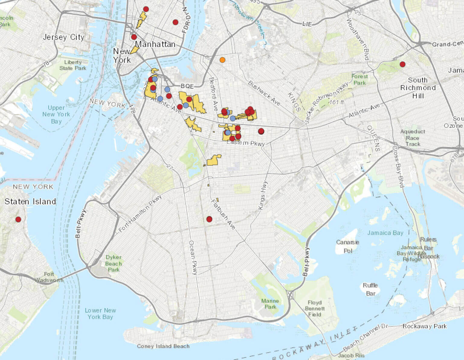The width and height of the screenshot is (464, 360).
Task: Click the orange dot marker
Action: (x=222, y=60)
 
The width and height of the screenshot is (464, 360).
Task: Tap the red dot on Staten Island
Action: (x=18, y=219)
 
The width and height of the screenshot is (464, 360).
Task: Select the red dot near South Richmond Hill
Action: (x=402, y=64)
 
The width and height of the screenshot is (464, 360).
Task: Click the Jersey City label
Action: (x=63, y=37)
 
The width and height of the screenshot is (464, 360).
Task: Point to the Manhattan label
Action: (x=155, y=44)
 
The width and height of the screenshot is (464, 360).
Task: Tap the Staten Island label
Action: (x=30, y=202)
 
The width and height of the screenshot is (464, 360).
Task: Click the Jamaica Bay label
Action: (x=385, y=233)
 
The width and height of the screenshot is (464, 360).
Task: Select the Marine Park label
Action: (x=270, y=304)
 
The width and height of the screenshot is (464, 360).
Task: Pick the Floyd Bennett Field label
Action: (x=315, y=308)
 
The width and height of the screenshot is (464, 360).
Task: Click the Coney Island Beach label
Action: (x=163, y=346)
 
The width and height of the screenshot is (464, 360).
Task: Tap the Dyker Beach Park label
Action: (x=114, y=263)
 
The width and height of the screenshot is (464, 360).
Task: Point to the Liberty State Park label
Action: (x=73, y=65)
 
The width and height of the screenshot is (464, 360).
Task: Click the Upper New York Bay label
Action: (x=56, y=114)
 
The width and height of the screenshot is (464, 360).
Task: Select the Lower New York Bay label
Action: (x=100, y=313)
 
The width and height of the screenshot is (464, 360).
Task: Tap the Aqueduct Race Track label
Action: (x=413, y=138)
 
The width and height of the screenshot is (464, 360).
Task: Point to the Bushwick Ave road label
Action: (x=264, y=93)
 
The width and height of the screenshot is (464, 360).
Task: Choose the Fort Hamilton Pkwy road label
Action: (x=140, y=213)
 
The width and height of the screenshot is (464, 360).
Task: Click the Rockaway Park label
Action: (x=424, y=326)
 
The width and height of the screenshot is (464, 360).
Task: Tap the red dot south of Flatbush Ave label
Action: (x=209, y=219)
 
